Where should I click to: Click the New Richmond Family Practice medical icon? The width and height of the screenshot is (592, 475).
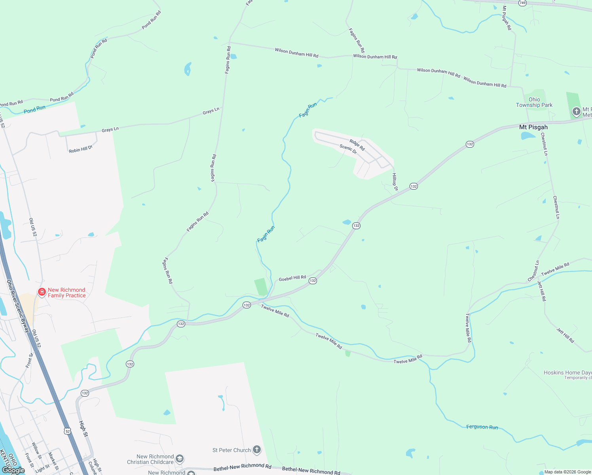coord(42,292)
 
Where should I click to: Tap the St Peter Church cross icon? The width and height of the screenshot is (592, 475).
coord(257,449)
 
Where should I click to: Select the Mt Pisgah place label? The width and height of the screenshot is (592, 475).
coord(533,127)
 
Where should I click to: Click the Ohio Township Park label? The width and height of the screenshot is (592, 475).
coord(534,102)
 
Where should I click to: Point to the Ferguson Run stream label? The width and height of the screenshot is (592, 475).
coord(482,427)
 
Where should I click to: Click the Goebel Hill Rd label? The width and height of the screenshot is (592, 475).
coord(292,278)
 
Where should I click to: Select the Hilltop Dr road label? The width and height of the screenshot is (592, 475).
coord(395,182)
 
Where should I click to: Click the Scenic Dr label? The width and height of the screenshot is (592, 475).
coord(348,149)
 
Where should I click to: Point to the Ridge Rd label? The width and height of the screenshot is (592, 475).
coord(357,144)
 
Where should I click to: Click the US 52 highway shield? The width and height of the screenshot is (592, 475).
coord(68,431)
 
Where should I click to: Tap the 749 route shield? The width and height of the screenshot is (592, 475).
coord(522,3)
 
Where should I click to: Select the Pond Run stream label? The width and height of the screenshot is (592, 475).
coord(34,109)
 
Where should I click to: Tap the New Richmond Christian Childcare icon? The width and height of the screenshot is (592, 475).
coord(179,458)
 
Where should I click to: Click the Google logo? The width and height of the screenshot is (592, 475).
coord(13,470)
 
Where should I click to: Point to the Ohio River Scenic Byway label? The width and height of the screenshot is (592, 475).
coord(18,306)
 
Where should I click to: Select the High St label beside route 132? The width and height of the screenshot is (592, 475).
coord(83,429)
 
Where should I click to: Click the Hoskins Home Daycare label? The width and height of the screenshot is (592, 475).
coord(567,372)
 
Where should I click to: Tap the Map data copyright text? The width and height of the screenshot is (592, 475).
coord(567,472)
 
